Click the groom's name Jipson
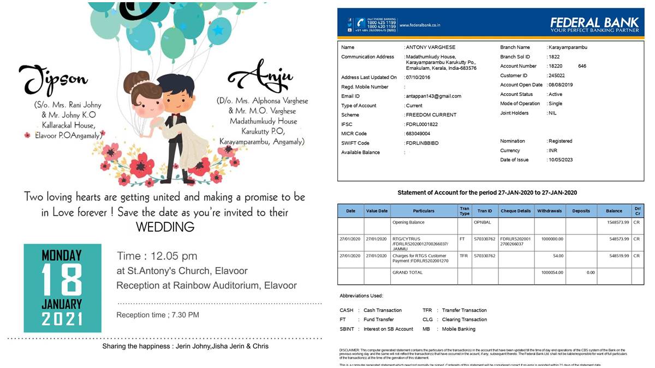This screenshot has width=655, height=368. [x=53, y=81]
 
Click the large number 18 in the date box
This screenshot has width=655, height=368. [x=62, y=280]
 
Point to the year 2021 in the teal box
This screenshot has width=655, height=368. [x=62, y=319]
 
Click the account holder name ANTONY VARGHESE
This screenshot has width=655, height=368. [x=431, y=47]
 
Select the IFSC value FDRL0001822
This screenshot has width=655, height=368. [x=422, y=124]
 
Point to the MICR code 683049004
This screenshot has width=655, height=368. [x=418, y=134]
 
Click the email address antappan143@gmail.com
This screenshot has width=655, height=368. [x=433, y=96]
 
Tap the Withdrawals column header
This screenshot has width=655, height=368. [x=550, y=211]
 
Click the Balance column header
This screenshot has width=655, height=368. [x=614, y=211]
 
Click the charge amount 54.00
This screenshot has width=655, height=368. [x=558, y=256]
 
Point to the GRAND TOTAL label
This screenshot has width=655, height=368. [x=407, y=272]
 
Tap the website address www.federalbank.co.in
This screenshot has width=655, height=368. [x=420, y=25]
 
